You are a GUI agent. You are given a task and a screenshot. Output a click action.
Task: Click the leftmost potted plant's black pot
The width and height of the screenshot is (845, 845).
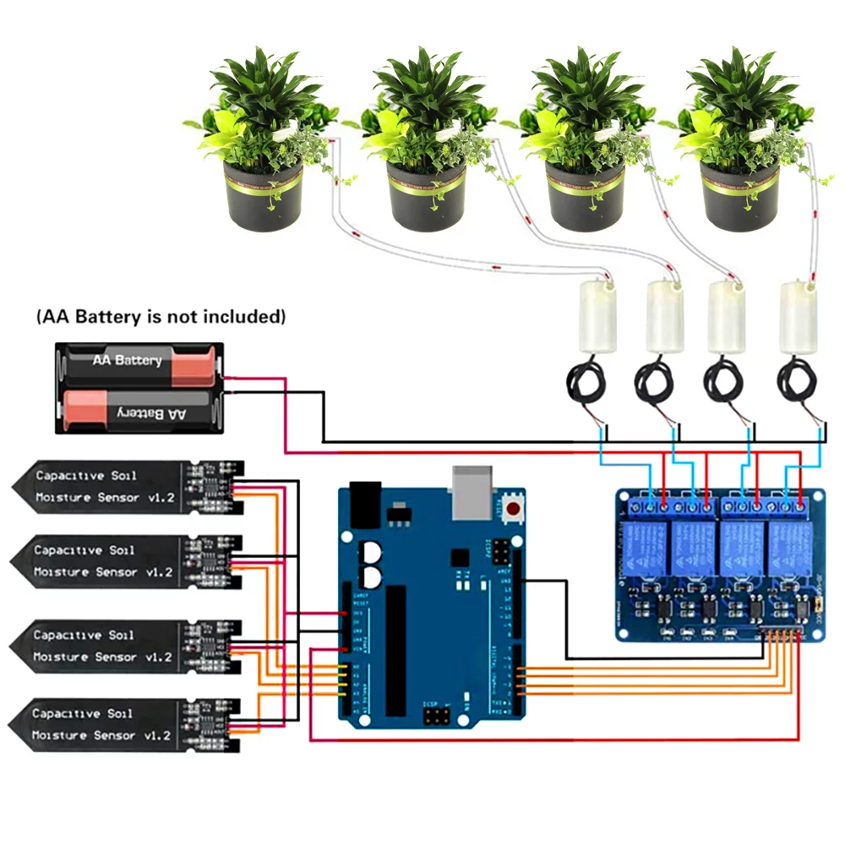tap(263, 199)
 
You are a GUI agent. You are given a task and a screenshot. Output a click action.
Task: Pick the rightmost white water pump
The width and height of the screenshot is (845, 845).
tap(797, 317)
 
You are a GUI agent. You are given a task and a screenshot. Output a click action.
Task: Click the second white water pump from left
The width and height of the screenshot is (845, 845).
tap(663, 317)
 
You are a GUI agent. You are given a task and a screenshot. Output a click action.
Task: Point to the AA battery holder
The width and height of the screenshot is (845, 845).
tap(139, 388)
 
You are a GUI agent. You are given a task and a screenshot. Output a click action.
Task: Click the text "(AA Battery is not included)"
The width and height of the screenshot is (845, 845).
tap(161, 317)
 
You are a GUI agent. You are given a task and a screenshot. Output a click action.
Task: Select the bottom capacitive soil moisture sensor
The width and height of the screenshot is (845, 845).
tap(127, 725)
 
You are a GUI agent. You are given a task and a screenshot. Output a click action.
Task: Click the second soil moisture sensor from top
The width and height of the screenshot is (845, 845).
tap(127, 561)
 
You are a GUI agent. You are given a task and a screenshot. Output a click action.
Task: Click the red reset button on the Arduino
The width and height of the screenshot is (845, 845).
tap(513, 509)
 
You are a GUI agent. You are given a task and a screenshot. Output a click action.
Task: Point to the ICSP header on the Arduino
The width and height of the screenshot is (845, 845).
tap(437, 717)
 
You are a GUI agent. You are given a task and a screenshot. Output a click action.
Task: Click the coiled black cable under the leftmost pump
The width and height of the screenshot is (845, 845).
tap(588, 384)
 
